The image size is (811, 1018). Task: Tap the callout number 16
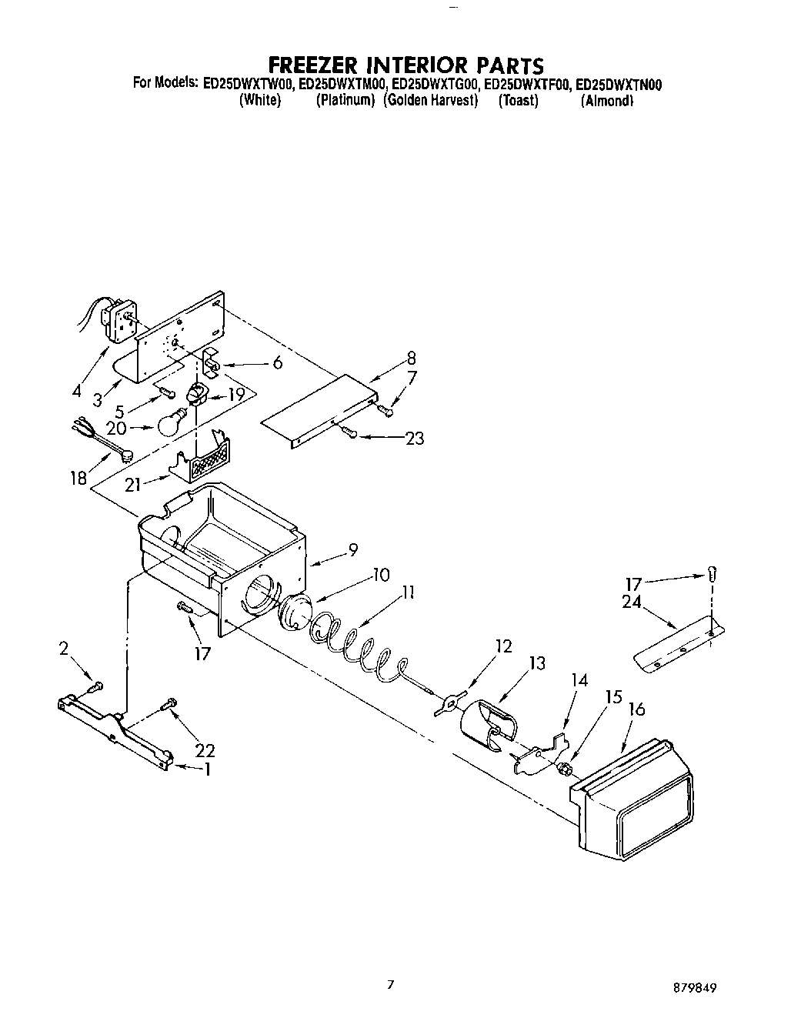[636, 709]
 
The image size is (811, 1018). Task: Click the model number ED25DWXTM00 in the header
[341, 85]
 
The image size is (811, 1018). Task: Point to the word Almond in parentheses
[607, 101]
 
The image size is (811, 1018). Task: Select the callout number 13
[537, 663]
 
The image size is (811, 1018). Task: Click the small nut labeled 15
[563, 767]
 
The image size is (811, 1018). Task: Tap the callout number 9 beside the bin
[352, 549]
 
